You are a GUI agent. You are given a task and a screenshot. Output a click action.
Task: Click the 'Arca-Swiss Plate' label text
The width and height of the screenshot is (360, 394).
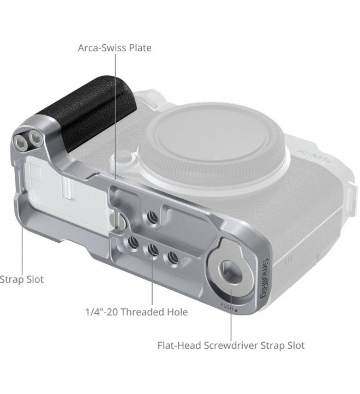(x=115, y=47)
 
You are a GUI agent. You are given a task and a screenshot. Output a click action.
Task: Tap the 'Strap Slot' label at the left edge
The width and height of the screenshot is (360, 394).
(x=22, y=279)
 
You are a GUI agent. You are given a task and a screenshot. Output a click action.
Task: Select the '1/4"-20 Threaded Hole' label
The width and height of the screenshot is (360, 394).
(x=136, y=312)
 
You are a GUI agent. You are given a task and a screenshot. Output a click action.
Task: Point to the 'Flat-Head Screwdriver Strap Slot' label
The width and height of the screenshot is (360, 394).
(x=231, y=345)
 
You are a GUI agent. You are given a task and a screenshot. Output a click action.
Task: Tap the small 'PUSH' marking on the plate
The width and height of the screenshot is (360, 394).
(x=227, y=306)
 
